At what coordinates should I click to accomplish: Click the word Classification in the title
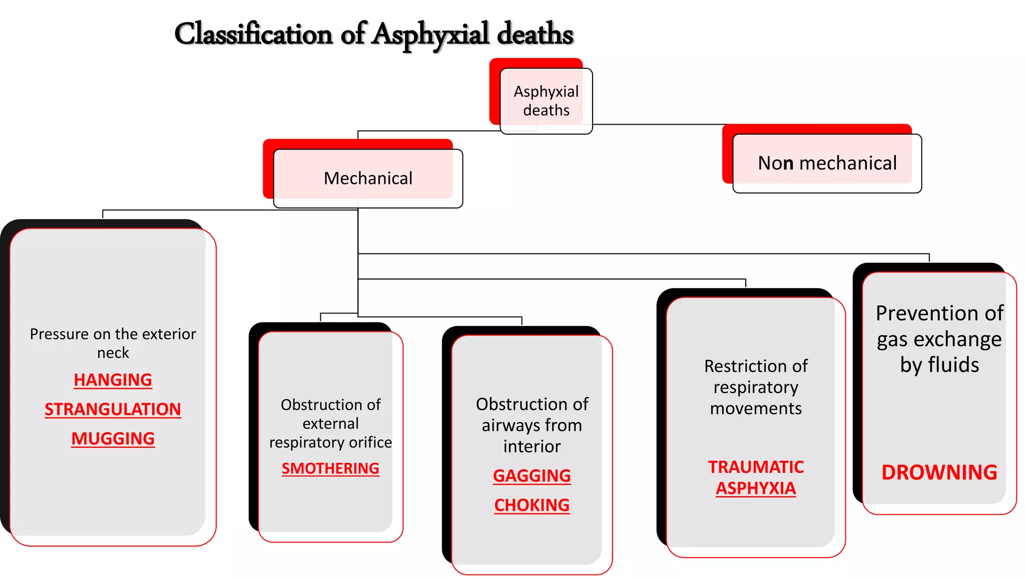coord(253,34)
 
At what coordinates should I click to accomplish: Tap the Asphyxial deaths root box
coord(546,101)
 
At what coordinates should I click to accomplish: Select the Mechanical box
coord(368,178)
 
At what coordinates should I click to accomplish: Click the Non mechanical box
coord(827,163)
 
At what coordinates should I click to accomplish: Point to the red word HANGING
coord(113,380)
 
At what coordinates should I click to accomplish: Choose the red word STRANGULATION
coord(113,409)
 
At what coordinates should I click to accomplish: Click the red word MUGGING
coord(113,439)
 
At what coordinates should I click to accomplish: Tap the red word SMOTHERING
coord(330,468)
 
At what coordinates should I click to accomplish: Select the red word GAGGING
coord(532,475)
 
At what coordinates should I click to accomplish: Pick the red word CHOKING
coord(532,505)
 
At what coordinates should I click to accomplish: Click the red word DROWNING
coord(939,472)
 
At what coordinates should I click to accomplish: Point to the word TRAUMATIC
coord(756,467)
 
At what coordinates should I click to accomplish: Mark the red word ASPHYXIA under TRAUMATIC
coord(756,488)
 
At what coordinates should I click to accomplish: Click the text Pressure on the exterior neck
coord(113,343)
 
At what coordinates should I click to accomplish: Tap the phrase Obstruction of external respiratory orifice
coord(330,423)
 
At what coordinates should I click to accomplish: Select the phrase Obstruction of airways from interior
coord(532,425)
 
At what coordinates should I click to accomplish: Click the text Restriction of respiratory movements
coord(756,387)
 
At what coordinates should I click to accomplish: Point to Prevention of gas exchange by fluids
coord(939,339)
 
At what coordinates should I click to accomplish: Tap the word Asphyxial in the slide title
coord(431,34)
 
